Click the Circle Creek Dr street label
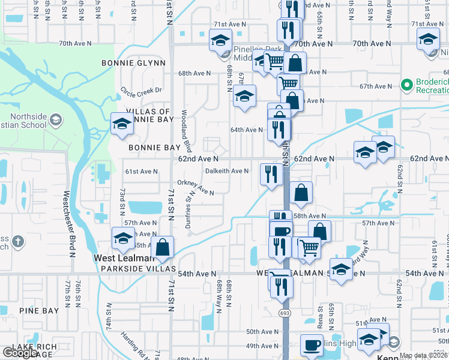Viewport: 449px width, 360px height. [x=142, y=91]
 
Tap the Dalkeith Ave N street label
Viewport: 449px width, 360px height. [x=227, y=171]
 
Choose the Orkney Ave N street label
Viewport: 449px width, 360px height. [x=196, y=188]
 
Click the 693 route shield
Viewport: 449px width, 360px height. [x=283, y=313]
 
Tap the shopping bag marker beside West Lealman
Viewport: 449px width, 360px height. [x=162, y=246]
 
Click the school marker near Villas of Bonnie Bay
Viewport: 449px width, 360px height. [x=122, y=124]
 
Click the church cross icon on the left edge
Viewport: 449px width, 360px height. [x=18, y=241]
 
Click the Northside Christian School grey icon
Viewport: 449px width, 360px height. [x=56, y=119]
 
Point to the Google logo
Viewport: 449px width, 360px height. [x=20, y=353]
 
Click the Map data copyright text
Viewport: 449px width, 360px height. [x=424, y=356]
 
